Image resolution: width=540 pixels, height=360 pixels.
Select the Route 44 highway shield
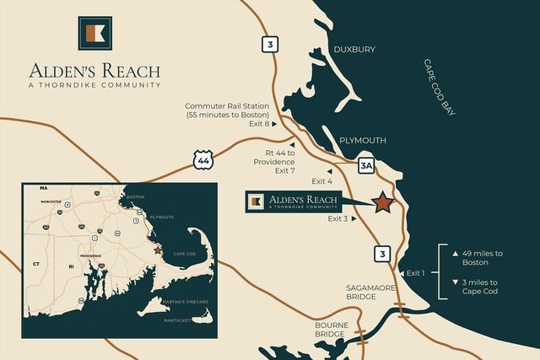point(202,159)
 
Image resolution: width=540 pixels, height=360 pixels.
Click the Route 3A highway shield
point(365,166)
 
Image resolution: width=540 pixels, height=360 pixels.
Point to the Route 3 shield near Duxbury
point(269,45)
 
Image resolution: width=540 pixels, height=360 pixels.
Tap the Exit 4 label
point(322,181)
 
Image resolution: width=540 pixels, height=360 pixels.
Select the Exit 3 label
point(338,218)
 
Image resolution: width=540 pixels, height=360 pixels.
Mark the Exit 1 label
point(417,272)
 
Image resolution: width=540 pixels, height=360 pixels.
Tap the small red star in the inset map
point(156,250)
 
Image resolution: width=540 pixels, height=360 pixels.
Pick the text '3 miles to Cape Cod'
point(480,287)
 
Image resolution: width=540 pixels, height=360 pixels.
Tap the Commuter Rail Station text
point(229,110)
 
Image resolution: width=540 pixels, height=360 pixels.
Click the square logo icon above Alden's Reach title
point(94,33)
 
